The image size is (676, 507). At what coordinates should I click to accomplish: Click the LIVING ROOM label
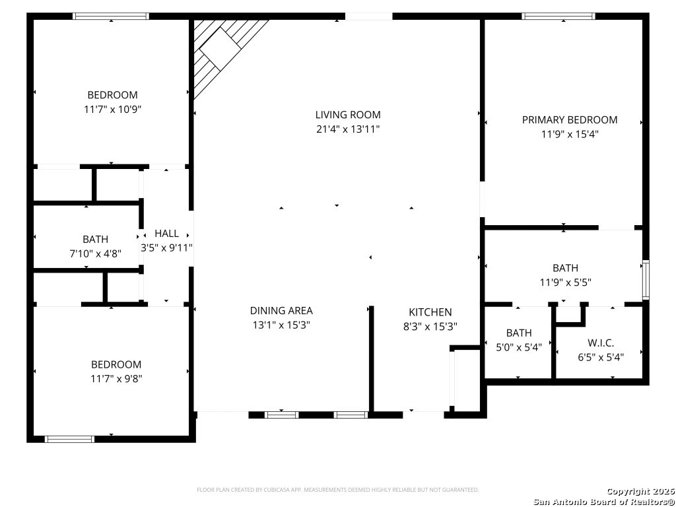tap(348, 115)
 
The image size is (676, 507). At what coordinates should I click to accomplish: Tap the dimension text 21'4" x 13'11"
tap(348, 129)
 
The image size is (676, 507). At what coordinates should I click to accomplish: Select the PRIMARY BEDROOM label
tap(570, 120)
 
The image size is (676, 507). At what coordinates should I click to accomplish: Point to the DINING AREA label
tap(281, 310)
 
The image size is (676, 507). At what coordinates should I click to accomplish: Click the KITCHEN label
tap(430, 312)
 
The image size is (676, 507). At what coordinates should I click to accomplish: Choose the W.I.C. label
tap(601, 343)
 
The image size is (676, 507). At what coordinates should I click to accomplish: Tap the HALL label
tap(166, 234)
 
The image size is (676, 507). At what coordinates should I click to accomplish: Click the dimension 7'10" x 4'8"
tap(95, 253)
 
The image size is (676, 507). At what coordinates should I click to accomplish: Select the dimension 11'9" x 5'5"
tap(565, 283)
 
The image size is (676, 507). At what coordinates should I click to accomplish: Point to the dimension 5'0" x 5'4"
tap(519, 347)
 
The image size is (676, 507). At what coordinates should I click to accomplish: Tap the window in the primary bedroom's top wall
tap(558, 17)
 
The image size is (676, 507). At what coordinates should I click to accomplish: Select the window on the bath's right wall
tap(646, 280)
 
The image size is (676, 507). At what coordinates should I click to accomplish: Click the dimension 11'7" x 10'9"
tap(112, 110)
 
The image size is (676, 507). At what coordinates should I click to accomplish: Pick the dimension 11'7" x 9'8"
tap(116, 379)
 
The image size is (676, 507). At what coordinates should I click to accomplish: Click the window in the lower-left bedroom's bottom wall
tap(69, 439)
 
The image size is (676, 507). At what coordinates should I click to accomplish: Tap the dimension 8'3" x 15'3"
tap(430, 326)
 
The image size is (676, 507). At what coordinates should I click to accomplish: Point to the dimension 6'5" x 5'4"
tap(601, 357)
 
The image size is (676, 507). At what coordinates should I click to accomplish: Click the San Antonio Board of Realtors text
tap(603, 502)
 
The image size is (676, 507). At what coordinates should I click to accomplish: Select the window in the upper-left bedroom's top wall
tap(111, 17)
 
